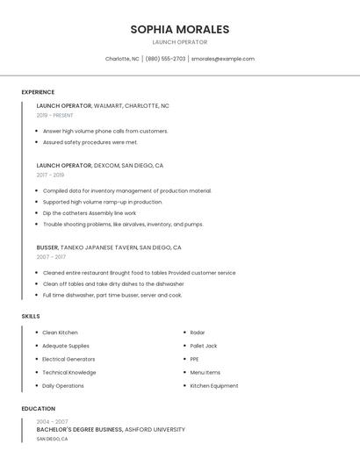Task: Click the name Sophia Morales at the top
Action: point(179,29)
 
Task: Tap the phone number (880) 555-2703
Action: point(165,59)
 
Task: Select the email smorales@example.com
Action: point(223,59)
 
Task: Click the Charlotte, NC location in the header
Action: point(122,59)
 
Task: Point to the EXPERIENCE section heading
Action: point(38,92)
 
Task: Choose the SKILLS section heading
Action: point(31,316)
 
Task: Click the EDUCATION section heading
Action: point(39,409)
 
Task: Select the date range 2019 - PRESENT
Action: point(54,115)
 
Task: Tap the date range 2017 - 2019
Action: point(50,175)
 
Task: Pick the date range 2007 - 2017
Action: point(51,257)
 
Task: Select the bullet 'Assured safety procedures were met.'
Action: point(90,142)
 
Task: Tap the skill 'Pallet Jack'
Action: point(204,346)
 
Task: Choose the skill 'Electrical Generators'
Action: point(68,359)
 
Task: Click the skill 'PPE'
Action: point(194,359)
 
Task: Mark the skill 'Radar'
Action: point(198,333)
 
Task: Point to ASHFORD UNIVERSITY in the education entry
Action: point(155,430)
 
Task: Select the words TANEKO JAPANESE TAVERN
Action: point(100,247)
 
